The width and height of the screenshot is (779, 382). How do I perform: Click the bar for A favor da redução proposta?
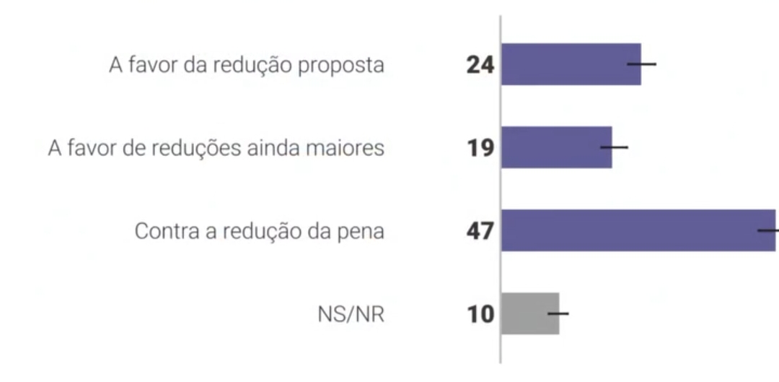point(570,64)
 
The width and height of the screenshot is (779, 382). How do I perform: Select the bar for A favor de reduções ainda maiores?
point(555,148)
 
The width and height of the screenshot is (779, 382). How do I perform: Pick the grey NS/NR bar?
point(529,313)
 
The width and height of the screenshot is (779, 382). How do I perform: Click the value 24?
point(480,65)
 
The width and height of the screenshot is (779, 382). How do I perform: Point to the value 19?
point(480,149)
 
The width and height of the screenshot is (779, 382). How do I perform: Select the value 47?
point(480,232)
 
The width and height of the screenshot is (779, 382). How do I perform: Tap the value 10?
point(480,315)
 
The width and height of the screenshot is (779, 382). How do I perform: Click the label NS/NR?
point(351,315)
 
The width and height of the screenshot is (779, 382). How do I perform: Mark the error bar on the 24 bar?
point(641,64)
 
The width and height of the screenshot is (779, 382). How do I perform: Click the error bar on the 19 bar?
point(614,147)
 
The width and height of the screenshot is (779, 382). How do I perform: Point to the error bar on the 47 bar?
point(769,231)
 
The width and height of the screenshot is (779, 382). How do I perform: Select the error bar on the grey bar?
point(558,313)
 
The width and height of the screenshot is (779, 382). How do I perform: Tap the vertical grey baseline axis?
point(501,188)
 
